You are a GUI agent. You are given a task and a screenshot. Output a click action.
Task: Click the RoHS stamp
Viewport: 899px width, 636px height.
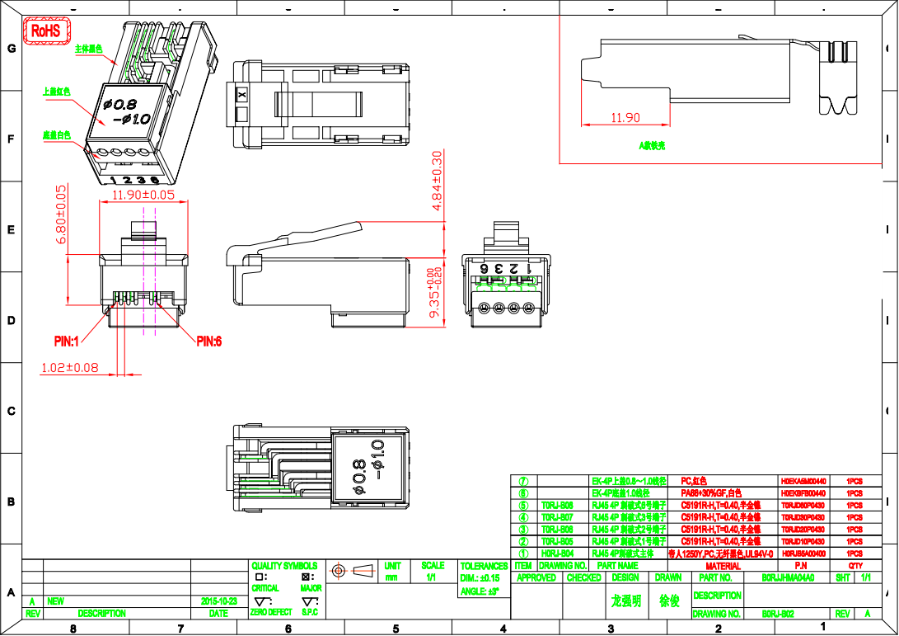coord(45,31)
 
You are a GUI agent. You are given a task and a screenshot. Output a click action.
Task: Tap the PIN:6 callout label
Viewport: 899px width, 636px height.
coord(208,341)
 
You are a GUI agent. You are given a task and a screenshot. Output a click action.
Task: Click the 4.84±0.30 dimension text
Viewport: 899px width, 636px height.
coord(438,180)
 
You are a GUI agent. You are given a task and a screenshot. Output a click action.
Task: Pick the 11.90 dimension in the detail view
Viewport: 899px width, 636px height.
coord(625,118)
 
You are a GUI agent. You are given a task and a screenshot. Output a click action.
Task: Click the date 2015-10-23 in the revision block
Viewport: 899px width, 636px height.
coord(218,601)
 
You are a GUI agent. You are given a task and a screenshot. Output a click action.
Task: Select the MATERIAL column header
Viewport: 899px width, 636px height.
coord(723,566)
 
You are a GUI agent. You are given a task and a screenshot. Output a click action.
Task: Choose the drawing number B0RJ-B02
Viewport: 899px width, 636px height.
coord(777,614)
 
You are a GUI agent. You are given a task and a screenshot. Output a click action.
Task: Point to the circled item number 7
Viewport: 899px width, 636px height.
coord(523,480)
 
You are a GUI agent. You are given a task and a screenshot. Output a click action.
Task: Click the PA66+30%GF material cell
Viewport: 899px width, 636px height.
coord(711,492)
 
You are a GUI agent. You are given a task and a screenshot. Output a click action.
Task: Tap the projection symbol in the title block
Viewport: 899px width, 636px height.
coord(349,571)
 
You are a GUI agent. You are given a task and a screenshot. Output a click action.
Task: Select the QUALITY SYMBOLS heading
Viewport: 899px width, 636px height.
coord(283,566)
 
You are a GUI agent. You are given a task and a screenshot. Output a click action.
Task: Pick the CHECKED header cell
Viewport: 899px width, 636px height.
coord(583,578)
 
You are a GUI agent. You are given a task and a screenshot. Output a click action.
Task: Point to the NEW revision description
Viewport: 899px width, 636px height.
coord(56,601)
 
